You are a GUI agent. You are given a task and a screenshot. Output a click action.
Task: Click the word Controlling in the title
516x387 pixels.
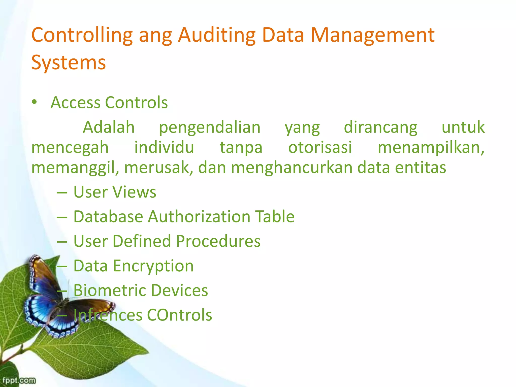point(82,35)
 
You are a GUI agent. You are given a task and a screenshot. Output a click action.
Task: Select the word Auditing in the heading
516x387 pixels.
point(217,35)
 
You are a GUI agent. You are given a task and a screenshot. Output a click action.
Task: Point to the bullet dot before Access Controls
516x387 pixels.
point(34,102)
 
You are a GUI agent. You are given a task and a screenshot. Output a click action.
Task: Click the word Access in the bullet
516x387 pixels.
point(75,103)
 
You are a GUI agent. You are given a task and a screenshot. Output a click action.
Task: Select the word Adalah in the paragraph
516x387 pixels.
point(109,127)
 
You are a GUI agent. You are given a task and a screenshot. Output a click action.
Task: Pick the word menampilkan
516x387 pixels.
point(431,148)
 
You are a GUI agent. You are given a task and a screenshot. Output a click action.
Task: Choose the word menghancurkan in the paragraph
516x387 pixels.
point(292,168)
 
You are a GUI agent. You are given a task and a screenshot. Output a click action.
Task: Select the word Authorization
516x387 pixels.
point(199,217)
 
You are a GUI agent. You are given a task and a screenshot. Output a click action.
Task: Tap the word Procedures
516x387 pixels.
point(218,241)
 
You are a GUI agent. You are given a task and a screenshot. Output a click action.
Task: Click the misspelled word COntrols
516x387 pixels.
point(179,315)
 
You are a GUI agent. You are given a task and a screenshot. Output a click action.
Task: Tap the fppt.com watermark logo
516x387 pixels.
point(19,380)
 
